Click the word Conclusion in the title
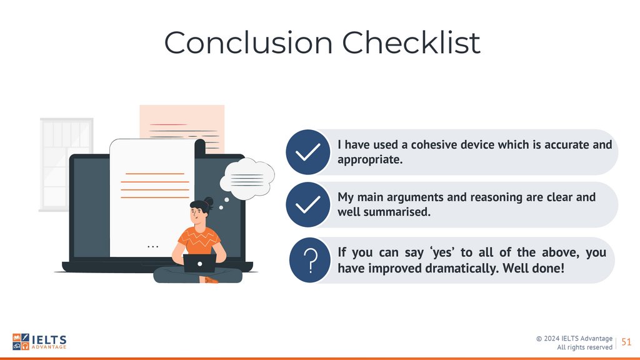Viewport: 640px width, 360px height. coord(248,42)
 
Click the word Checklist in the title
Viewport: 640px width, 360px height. coord(411,42)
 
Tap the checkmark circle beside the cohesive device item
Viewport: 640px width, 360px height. coord(308,152)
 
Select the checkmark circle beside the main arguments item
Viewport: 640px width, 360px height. coord(308,204)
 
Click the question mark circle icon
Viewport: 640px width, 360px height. coord(310,260)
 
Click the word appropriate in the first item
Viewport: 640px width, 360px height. coord(370,160)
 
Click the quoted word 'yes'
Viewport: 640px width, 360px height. coord(443,252)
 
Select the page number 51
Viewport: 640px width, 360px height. coord(626,342)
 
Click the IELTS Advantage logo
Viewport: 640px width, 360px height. coord(39,342)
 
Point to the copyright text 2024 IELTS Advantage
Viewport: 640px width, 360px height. coord(574,338)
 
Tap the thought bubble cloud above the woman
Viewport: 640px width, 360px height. coord(247,179)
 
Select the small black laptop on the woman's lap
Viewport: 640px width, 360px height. coord(199,264)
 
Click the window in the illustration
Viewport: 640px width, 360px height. coord(66,164)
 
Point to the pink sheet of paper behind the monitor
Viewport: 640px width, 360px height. coord(182,122)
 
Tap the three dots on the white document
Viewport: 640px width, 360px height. coord(152,246)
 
